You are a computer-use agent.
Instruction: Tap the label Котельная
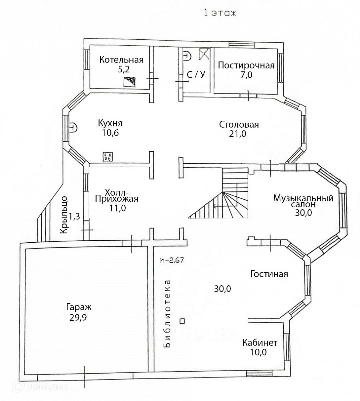[121, 60]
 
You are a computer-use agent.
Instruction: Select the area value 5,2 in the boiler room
[121, 69]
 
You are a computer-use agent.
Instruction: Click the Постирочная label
[246, 65]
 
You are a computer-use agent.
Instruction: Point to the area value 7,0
[246, 75]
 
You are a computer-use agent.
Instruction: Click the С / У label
[196, 75]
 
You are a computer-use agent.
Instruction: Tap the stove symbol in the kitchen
[108, 157]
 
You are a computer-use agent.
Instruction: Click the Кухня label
[110, 123]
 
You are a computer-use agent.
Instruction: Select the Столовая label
[239, 125]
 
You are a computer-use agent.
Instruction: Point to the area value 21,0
[239, 134]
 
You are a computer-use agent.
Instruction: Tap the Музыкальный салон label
[303, 202]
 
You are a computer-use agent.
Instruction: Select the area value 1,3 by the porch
[75, 217]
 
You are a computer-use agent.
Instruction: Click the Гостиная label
[269, 274]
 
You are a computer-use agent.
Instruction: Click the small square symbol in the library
[182, 321]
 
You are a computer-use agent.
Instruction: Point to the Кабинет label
[260, 343]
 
